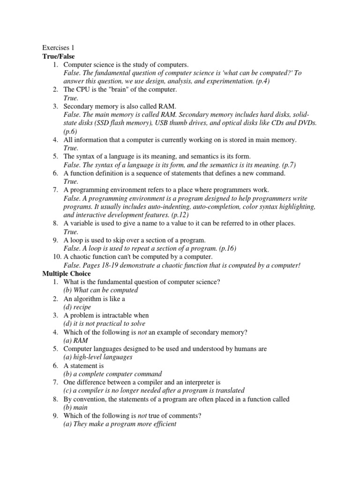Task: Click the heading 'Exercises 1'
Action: [x=58, y=47]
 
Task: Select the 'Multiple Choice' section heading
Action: [x=66, y=273]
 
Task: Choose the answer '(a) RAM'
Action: [x=75, y=341]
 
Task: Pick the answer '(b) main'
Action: [x=75, y=407]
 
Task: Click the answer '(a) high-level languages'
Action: [x=98, y=357]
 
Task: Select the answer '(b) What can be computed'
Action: [x=101, y=290]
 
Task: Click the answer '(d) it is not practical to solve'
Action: [x=105, y=324]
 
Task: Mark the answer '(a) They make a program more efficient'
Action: [x=120, y=424]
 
